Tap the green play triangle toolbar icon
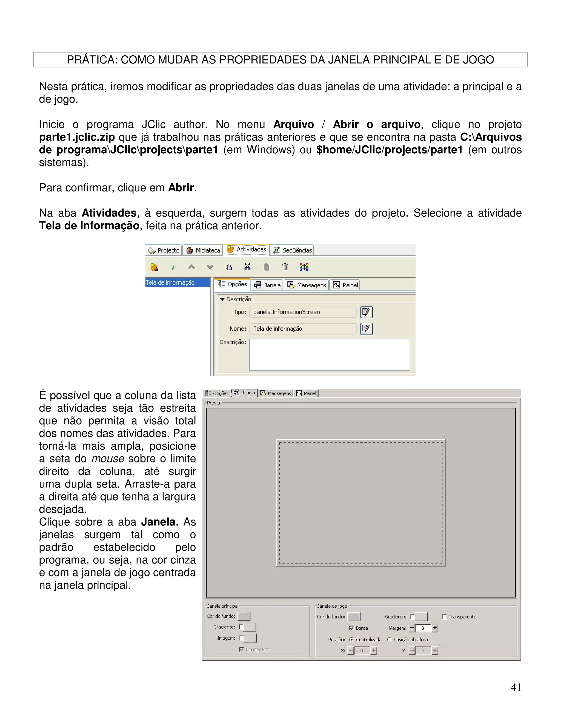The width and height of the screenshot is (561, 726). (173, 267)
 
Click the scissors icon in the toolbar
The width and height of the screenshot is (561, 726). (247, 267)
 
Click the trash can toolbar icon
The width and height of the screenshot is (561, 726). (285, 267)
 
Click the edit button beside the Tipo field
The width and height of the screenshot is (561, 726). (366, 312)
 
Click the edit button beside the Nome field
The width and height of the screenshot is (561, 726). (366, 329)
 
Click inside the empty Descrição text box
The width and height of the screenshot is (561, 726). (329, 355)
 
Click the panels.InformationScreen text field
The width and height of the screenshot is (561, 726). (302, 312)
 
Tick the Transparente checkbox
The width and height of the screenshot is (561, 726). (444, 617)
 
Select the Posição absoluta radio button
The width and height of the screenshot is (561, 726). (390, 640)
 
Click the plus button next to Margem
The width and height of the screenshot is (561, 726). (435, 628)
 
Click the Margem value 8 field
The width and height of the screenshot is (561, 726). (423, 628)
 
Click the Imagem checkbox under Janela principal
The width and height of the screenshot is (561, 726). (242, 638)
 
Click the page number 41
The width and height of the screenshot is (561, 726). (516, 687)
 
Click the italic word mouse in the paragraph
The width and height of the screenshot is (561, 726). (108, 459)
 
